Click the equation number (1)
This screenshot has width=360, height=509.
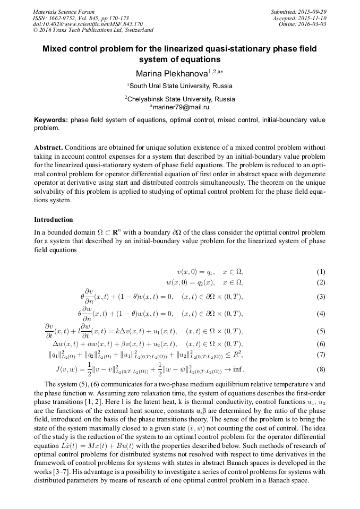pos(321,271)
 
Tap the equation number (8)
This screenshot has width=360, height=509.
pos(321,369)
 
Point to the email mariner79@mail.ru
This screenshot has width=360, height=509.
pos(180,107)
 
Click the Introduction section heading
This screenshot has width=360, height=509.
pos(54,220)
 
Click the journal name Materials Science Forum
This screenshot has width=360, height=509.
pos(64,12)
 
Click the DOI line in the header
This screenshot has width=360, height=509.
pos(88,24)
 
